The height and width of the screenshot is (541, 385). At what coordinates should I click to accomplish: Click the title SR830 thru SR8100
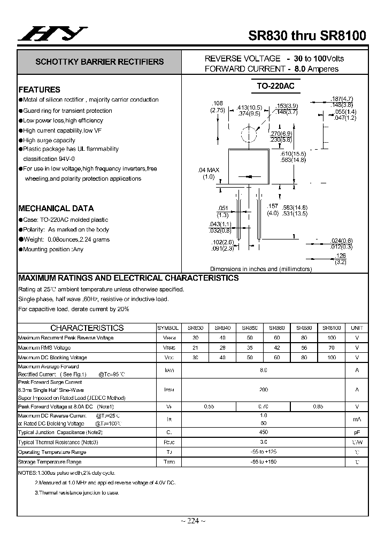click(307, 36)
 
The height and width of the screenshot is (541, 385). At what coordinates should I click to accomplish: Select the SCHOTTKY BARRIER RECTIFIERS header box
click(99, 62)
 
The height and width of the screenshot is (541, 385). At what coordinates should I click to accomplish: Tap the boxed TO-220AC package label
click(275, 86)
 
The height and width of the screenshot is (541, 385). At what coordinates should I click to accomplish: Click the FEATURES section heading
click(40, 90)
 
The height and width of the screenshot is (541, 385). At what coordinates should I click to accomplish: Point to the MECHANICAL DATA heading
click(56, 208)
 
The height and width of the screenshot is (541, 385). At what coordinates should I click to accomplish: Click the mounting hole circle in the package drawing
click(246, 134)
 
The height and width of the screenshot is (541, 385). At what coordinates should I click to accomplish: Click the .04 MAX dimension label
click(209, 170)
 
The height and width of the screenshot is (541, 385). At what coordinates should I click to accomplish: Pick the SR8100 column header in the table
click(332, 328)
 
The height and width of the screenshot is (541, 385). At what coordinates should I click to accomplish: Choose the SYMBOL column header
click(168, 328)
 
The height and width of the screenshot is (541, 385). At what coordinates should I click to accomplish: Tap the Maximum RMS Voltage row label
click(44, 347)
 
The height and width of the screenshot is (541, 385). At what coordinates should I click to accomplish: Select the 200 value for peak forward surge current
click(263, 390)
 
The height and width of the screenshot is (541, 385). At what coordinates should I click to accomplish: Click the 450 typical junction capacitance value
click(263, 432)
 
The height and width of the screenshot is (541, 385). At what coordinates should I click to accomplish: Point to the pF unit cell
click(357, 432)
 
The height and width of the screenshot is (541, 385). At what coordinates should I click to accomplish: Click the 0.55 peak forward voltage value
click(209, 407)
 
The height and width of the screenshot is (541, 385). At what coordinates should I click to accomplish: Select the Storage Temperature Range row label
click(50, 461)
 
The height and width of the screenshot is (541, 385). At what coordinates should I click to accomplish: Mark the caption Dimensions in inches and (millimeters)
click(260, 269)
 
